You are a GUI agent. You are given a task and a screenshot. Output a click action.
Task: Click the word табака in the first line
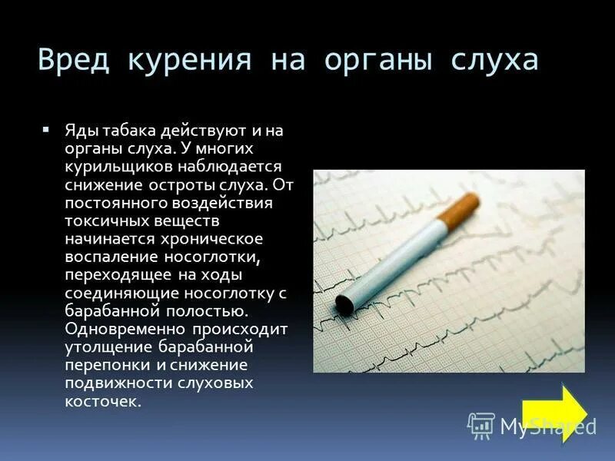point(120,131)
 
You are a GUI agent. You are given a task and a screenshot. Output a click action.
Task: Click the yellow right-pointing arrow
point(553,412)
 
